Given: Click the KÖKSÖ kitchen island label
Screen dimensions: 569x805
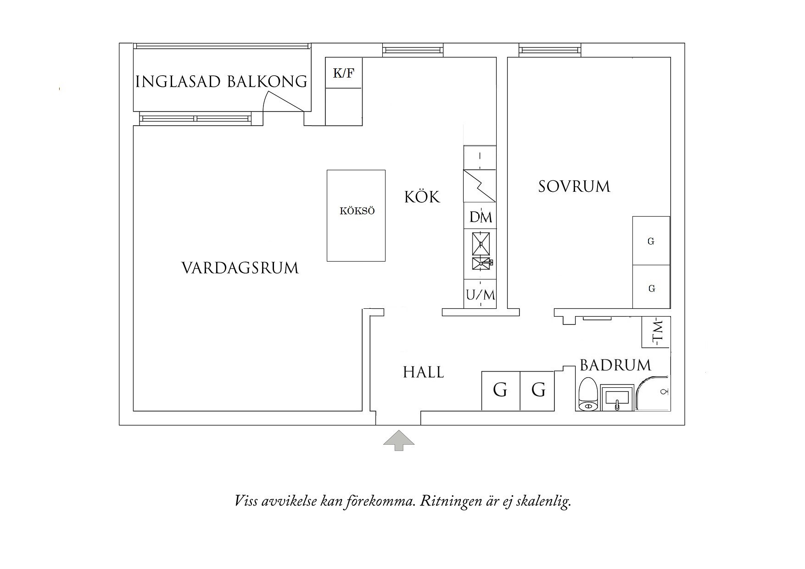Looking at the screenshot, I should pos(357,211).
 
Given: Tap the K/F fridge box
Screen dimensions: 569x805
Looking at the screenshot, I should pos(343,73).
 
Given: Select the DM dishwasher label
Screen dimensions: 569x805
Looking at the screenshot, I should pos(481,217).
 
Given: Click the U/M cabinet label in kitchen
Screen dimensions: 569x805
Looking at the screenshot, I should pos(481,295).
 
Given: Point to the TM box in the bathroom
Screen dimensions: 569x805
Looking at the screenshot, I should pos(656,332).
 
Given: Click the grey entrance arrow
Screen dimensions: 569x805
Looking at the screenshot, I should pos(399,440).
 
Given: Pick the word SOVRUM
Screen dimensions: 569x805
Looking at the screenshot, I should pos(574,187).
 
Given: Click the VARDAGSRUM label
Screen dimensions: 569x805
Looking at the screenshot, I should pos(240,268).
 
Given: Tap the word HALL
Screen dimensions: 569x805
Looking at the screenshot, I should pos(423,372).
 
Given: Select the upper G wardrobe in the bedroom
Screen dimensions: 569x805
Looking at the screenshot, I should pos(651,241).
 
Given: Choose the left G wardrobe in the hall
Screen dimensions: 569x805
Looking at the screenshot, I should pos(500,390).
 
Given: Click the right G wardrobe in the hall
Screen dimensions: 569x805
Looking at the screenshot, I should pos(538,390).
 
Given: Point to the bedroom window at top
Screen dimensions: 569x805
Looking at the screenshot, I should pos(550,50).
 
